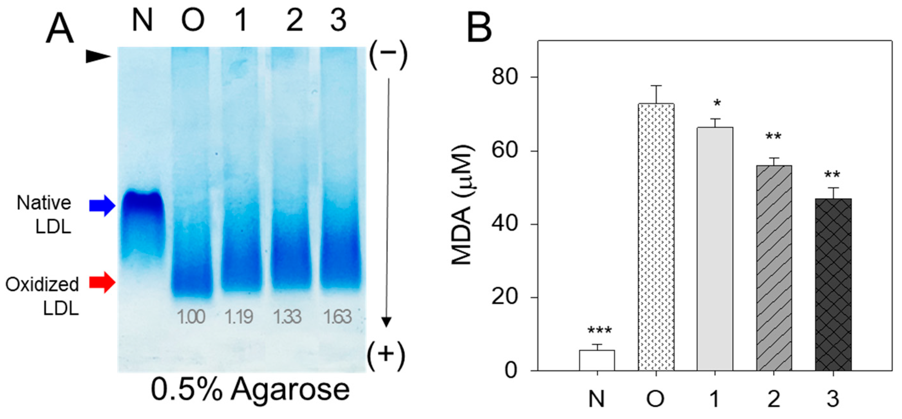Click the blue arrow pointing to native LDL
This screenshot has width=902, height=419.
coord(102,206)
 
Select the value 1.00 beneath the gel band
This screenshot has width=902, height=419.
coord(191,317)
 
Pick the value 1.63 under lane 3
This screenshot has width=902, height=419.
coord(337,317)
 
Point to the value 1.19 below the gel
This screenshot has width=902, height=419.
coord(239,317)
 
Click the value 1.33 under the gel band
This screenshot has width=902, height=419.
coord(287,317)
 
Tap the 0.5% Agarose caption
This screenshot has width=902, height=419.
coord(250,390)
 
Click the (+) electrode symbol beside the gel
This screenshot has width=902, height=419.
coord(386,354)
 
